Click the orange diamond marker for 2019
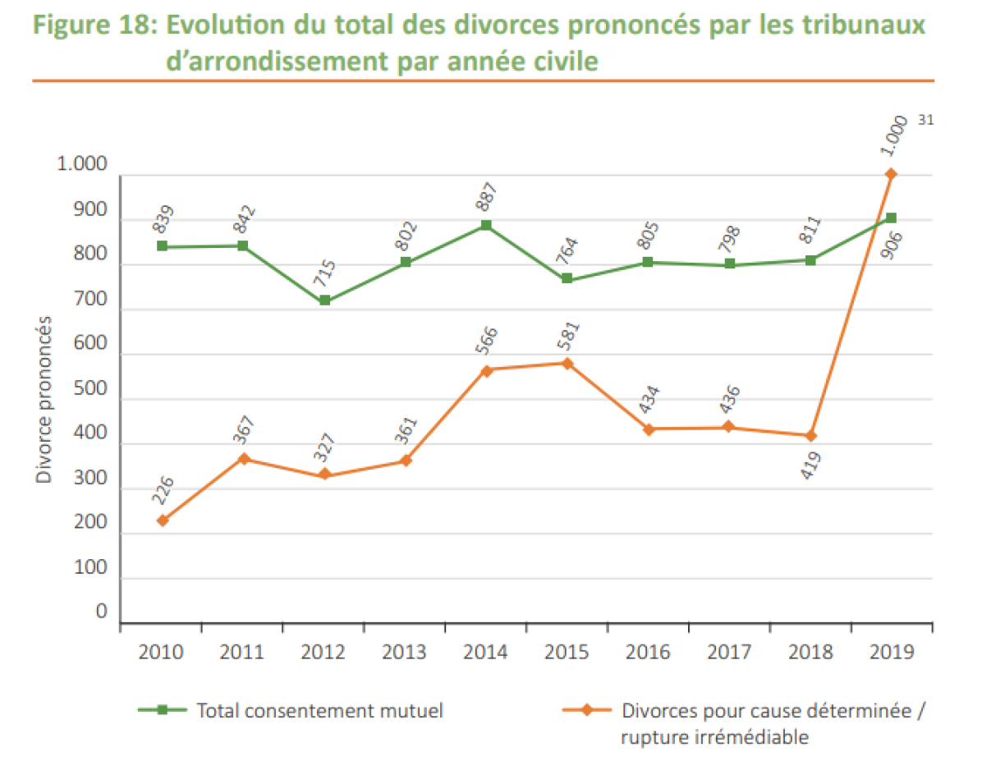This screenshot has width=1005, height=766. pos(891,174)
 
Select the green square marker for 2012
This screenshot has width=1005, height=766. pos(324,300)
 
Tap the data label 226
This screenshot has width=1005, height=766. pos(163,490)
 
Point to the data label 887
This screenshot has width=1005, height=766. pos(486,197)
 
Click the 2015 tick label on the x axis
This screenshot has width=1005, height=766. pos(567,652)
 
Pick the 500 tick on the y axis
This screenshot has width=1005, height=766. pos(90,388)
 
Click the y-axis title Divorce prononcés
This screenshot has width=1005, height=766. pos(44,399)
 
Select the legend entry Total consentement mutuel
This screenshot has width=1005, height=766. pos(291,711)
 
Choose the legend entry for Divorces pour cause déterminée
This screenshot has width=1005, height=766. pos(745,723)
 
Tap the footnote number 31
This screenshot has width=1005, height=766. pos(925,120)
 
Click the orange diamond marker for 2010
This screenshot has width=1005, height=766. pos(163,521)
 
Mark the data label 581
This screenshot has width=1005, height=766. pos(568,336)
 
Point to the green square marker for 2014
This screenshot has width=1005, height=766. pos(486,225)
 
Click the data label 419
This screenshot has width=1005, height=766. pos(810,466)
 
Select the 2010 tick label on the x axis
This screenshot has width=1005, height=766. pos(161,652)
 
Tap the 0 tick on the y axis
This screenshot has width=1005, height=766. pos(101,612)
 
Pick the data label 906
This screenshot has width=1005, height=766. pos(892,245)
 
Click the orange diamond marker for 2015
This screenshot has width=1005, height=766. pos(567,364)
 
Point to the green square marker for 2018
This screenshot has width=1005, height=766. pos(810,260)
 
